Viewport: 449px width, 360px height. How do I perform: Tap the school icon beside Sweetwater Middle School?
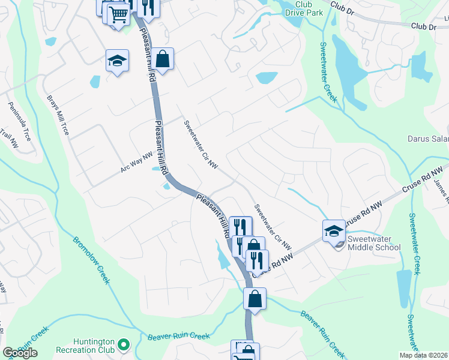click(x=334, y=230)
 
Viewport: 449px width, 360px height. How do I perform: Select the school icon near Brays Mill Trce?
click(x=118, y=61)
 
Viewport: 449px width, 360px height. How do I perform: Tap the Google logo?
click(x=20, y=353)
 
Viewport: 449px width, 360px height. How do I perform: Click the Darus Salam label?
click(x=428, y=139)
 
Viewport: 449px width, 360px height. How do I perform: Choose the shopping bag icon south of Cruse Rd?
click(x=255, y=298)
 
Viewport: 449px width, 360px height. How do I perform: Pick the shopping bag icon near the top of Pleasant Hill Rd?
click(x=162, y=59)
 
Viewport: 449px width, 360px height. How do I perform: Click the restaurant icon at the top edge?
click(x=147, y=7)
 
